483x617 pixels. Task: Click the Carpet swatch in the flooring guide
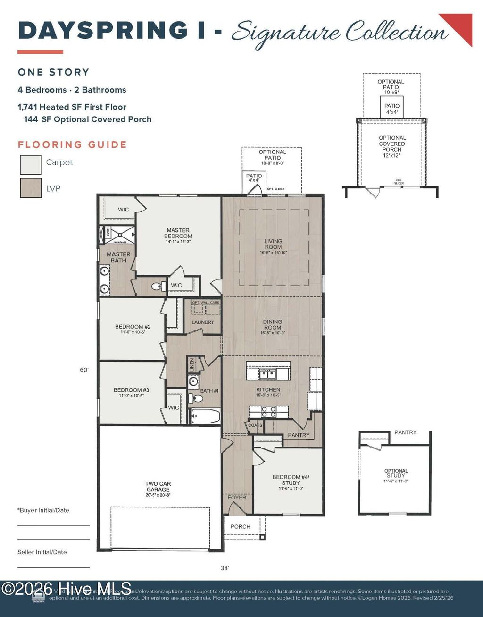pos(31,164)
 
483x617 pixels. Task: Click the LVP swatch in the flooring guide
pos(31,188)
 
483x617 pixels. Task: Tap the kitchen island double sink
pos(267,374)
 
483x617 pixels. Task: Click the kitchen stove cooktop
pos(268,412)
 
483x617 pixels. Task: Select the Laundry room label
pos(203,322)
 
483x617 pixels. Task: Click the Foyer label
pos(237,497)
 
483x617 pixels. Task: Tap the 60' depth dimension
pos(84,370)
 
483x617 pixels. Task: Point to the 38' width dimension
pos(225,568)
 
